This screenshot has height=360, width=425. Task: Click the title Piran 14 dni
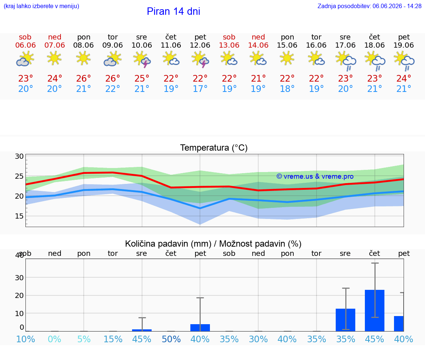click(x=173, y=11)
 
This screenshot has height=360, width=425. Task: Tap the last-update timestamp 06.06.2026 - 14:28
click(x=397, y=6)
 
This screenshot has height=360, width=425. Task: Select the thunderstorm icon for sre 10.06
click(x=142, y=59)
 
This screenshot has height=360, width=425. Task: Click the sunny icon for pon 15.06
click(x=287, y=59)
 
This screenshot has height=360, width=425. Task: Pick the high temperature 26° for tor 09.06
click(x=113, y=78)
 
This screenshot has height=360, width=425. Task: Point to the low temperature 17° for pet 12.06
click(x=200, y=89)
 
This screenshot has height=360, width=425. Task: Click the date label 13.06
click(x=229, y=45)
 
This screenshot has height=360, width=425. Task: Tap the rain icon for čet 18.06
click(x=374, y=61)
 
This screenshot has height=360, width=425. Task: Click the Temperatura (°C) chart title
click(x=214, y=148)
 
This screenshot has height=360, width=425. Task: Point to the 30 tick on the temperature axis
click(x=19, y=156)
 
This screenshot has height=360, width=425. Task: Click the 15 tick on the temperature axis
click(x=19, y=216)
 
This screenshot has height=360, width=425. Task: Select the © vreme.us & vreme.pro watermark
click(x=315, y=176)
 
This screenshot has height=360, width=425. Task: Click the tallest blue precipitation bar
click(x=374, y=311)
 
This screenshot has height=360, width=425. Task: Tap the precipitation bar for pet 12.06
click(x=200, y=328)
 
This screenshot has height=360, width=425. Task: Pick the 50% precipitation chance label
click(x=171, y=339)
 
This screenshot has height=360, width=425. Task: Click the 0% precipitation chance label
click(x=54, y=339)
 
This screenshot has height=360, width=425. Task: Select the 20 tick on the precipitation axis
click(x=19, y=295)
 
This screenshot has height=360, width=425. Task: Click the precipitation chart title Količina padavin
click(x=168, y=244)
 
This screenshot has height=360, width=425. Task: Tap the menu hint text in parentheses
click(x=41, y=6)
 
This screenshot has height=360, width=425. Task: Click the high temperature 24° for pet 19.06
click(x=404, y=78)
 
